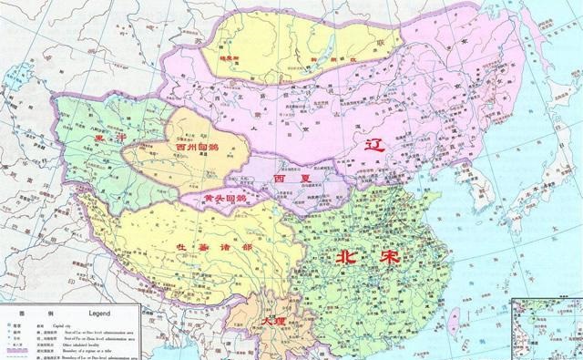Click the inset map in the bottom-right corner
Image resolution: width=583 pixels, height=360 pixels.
pos(547,328)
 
